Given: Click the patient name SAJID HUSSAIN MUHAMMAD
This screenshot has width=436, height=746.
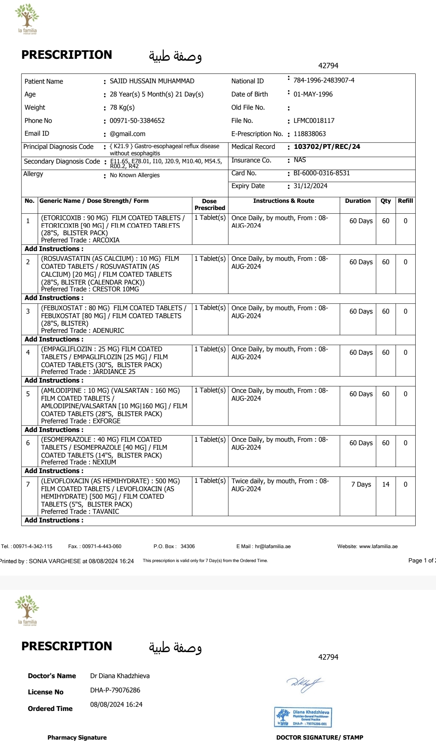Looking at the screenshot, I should pos(152,81).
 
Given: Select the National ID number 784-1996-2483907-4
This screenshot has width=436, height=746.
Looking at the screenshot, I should pos(324,80).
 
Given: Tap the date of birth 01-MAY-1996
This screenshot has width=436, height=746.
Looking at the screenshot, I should pos(313,94).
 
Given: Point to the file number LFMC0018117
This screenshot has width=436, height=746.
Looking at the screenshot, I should pos(314,121).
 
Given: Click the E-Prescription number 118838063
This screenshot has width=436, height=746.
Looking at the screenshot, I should pos(310,134).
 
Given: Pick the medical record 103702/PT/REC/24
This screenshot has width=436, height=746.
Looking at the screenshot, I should pos(327,147).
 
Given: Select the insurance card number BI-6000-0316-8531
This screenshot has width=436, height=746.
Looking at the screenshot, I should pos(321,173).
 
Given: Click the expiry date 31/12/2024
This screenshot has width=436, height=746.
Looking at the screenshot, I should pos(310,186).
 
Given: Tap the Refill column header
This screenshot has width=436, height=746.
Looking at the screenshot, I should pos(405,201).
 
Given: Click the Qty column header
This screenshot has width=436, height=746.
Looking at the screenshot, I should pos(385,201).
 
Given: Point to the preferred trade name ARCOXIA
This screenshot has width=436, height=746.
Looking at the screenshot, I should pos(106,240).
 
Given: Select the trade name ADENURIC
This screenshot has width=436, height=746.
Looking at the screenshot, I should pos(108,331).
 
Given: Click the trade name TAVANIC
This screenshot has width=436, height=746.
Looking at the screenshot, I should pos(106,512).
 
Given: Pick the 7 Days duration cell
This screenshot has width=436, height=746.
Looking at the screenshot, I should pos(361,484).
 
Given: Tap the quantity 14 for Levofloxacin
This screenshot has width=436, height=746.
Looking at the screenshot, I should pos(385,484).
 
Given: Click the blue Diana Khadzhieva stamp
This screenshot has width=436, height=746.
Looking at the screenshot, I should pos(303,717).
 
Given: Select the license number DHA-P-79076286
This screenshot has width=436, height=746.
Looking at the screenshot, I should pos(115,690).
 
